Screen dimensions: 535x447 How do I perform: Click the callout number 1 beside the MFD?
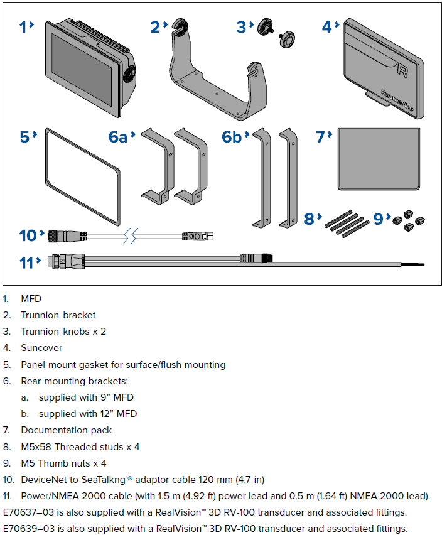(x=23, y=27)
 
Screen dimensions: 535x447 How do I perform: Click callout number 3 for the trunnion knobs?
(x=242, y=27)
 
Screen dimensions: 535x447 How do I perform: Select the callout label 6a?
(x=118, y=137)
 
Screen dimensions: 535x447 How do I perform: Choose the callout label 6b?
(x=232, y=137)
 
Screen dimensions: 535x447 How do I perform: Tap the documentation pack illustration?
(x=377, y=159)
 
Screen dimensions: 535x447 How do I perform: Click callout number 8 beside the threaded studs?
(x=309, y=219)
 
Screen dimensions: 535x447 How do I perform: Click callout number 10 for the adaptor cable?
(x=29, y=235)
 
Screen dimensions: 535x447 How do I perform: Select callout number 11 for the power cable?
(x=26, y=261)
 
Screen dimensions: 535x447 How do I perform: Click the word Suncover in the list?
(x=41, y=348)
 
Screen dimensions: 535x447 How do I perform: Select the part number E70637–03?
(x=28, y=512)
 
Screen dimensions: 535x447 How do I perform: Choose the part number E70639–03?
(x=28, y=528)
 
